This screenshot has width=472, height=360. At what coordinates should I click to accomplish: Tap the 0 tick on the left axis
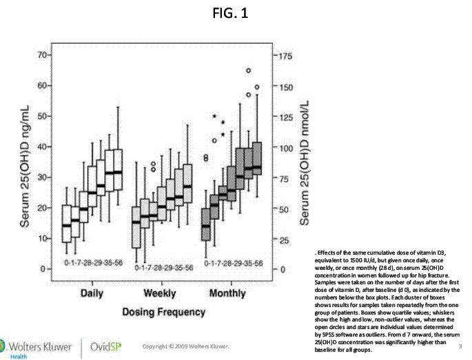43,268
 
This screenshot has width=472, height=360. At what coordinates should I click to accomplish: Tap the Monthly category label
227,293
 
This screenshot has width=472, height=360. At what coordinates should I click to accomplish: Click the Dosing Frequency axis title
163,312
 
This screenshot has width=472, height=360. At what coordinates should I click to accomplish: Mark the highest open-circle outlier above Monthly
249,70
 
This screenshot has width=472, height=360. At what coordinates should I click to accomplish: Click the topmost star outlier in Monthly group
214,116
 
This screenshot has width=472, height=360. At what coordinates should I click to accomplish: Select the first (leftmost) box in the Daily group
67,224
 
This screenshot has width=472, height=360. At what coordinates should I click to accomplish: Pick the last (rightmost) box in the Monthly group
257,160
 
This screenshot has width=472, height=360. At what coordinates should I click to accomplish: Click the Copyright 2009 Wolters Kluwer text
185,345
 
